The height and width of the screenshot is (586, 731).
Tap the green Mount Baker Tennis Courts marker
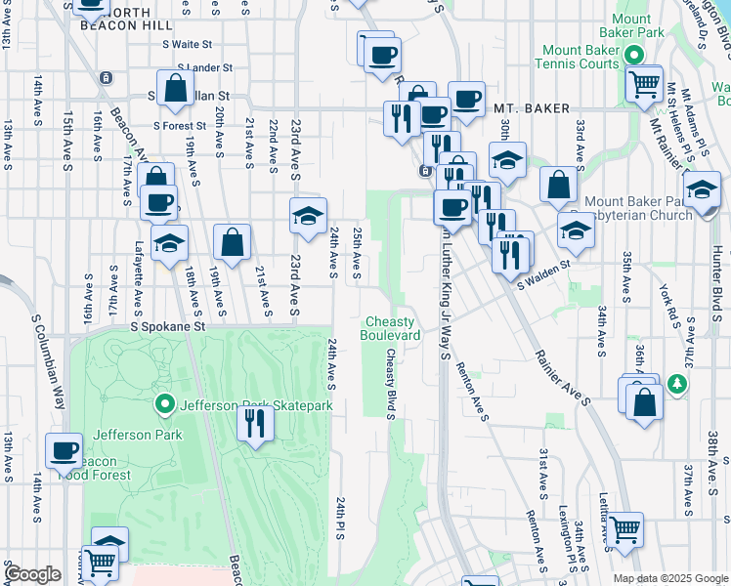[634, 56]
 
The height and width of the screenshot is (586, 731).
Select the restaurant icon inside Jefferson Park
[255, 423]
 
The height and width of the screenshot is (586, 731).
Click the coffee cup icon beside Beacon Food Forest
[64, 451]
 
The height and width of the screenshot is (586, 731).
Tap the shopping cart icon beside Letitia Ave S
[625, 531]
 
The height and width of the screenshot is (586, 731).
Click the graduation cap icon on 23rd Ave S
[308, 216]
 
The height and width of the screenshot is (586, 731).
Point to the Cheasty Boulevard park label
[392, 328]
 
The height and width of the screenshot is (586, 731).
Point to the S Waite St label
[188, 45]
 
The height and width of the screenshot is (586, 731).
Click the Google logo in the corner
[31, 574]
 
